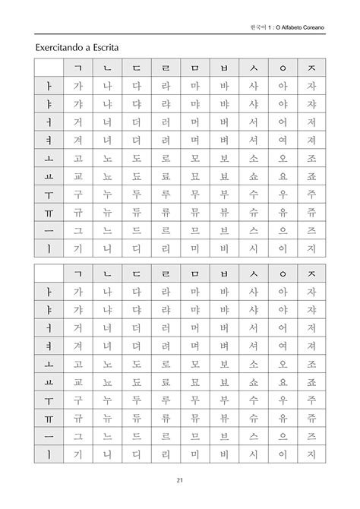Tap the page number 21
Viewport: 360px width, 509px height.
click(180, 479)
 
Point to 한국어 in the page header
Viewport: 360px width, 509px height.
click(258, 27)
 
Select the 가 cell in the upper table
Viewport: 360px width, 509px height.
click(77, 86)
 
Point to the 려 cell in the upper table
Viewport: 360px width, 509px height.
click(166, 141)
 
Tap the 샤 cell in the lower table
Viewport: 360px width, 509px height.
click(253, 309)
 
